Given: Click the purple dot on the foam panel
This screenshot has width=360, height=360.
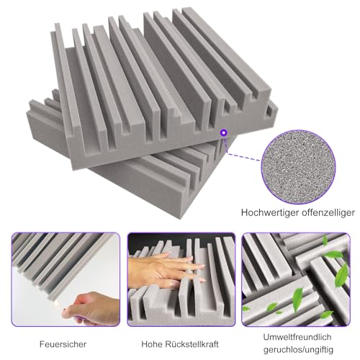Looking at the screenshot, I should point(223,131).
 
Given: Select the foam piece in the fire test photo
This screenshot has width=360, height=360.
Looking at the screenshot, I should point(50,259).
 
